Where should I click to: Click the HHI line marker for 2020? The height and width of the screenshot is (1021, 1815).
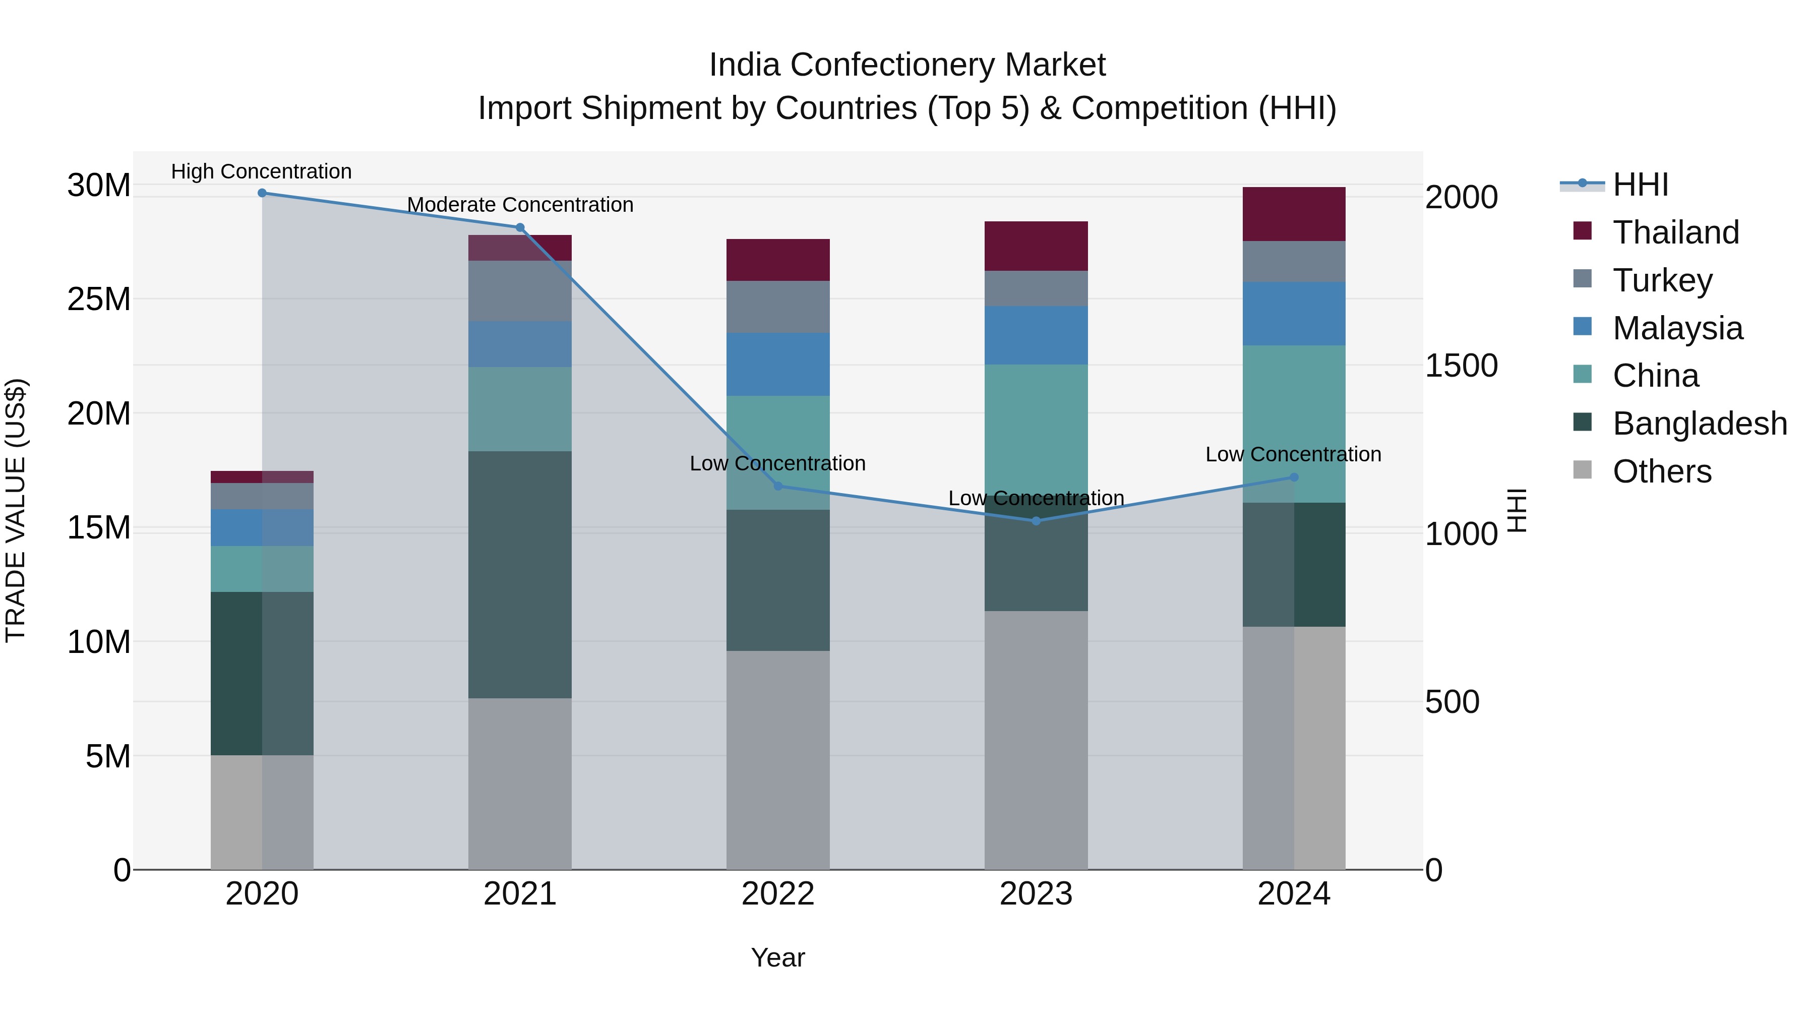click(x=262, y=193)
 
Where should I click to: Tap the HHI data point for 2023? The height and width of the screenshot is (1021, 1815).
click(x=1036, y=521)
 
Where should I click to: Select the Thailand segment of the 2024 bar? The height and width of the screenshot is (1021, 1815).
click(x=1294, y=214)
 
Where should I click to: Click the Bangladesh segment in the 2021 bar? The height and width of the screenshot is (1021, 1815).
click(x=520, y=574)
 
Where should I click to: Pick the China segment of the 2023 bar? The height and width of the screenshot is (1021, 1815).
click(x=1036, y=430)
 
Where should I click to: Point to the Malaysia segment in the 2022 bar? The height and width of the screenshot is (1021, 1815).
click(x=778, y=365)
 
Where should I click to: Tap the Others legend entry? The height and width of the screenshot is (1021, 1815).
click(x=1661, y=471)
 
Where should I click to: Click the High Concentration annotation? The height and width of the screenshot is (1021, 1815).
click(x=261, y=171)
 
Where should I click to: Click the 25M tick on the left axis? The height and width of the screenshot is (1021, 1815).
click(x=99, y=299)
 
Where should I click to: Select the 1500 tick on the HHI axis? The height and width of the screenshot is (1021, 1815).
click(x=1461, y=366)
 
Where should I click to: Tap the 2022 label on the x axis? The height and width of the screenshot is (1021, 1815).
click(x=778, y=894)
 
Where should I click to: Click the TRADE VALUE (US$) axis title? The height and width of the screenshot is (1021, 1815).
click(x=16, y=510)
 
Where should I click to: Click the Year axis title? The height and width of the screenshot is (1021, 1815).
click(x=778, y=957)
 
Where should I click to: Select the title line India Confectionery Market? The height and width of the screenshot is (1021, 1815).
click(x=907, y=65)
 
